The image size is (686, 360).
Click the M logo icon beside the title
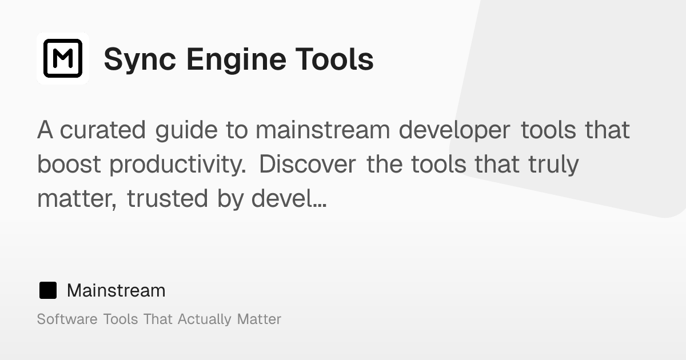pos(63,58)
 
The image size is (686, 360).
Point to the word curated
pos(103,130)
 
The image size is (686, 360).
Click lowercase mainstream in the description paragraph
pos(322,130)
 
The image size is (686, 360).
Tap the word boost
pos(69,165)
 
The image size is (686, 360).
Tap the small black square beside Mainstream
pos(48,290)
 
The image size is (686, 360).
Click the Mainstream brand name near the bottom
pos(116,290)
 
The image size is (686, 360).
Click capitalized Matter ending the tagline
pos(259,319)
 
